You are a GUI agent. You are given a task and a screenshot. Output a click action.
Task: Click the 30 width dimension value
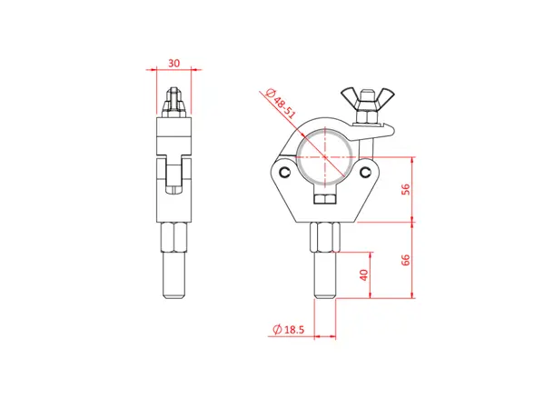174,64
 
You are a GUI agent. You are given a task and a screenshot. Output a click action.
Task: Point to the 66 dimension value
405,258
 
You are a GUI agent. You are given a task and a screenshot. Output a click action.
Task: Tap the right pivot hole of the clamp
367,172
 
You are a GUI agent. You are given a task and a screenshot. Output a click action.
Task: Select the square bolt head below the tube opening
326,199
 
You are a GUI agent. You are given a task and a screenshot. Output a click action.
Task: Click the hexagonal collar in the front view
326,241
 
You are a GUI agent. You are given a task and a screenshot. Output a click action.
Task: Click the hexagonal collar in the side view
174,240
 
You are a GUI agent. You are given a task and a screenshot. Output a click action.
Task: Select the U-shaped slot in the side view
174,177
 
